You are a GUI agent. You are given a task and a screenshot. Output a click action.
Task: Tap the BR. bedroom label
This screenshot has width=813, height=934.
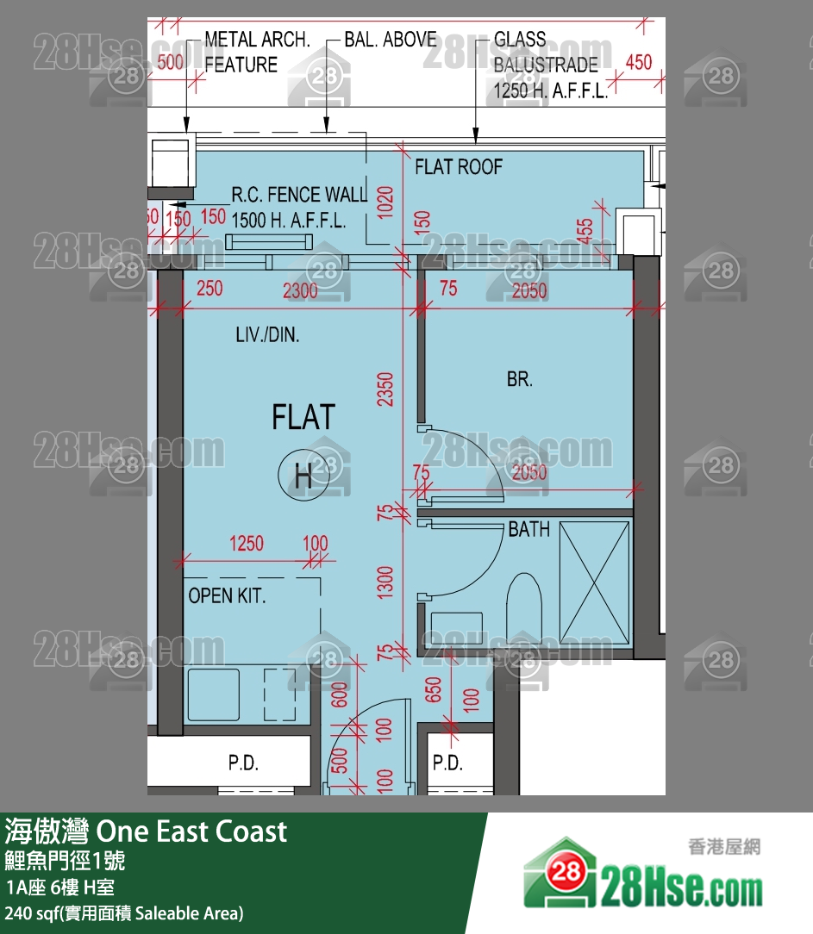click(519, 378)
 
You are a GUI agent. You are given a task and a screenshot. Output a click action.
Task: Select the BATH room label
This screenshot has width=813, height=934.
click(528, 529)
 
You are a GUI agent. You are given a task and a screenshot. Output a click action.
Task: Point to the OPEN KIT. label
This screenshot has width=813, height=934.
click(227, 595)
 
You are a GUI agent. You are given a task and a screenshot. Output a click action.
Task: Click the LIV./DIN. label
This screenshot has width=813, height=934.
click(268, 335)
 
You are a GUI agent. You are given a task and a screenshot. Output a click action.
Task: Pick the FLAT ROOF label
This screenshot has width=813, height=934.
click(458, 167)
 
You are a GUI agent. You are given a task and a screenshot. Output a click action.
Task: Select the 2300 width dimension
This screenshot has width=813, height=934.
click(300, 290)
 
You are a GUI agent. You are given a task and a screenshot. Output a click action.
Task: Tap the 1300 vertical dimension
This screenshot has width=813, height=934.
click(385, 582)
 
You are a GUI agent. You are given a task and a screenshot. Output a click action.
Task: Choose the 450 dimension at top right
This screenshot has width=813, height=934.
click(638, 62)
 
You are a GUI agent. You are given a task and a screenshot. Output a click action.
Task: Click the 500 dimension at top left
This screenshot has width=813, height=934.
click(172, 62)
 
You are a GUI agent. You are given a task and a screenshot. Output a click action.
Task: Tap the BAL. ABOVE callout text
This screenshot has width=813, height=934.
click(390, 40)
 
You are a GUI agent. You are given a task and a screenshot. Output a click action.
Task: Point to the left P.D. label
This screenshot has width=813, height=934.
click(243, 763)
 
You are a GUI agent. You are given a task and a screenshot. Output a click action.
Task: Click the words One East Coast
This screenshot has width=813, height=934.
click(191, 831)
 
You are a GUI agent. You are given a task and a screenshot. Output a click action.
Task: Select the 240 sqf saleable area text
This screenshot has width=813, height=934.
click(124, 913)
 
